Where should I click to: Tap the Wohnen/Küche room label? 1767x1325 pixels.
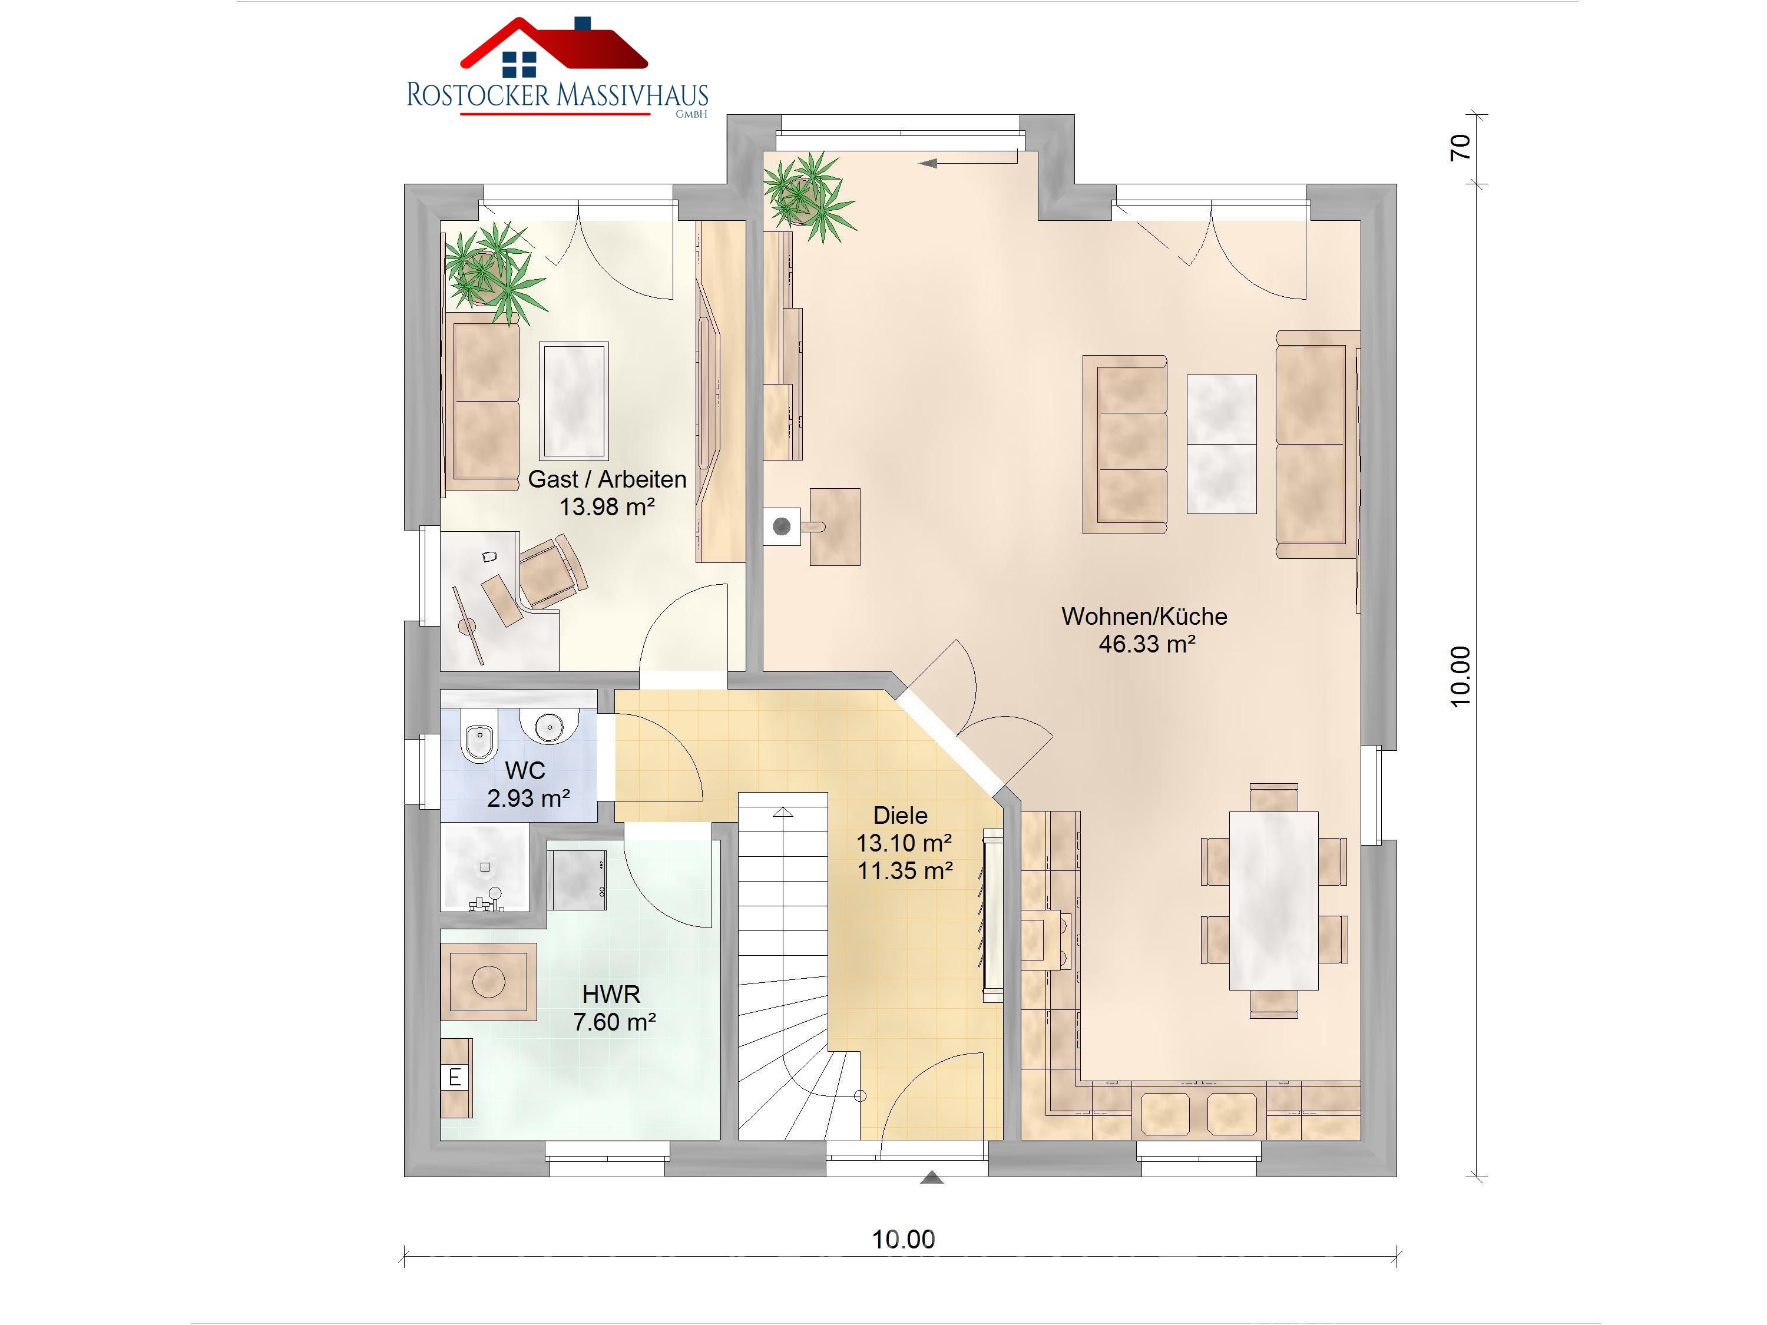click(1144, 616)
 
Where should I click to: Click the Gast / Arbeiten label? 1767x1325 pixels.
click(607, 479)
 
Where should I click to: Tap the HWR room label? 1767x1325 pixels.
click(611, 995)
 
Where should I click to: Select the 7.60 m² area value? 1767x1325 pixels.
click(614, 1022)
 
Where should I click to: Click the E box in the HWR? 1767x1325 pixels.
click(455, 1078)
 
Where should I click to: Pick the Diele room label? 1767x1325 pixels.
click(900, 816)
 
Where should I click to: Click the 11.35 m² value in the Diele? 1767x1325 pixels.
click(905, 870)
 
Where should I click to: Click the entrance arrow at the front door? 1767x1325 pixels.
click(931, 1177)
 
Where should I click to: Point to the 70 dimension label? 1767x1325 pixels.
click(1460, 147)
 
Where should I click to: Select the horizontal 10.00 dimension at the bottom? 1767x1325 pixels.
click(904, 1240)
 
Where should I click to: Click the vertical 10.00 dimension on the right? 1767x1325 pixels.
click(1460, 677)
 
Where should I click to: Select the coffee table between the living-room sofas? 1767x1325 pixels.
click(1222, 444)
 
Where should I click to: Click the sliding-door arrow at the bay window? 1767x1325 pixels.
click(968, 163)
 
